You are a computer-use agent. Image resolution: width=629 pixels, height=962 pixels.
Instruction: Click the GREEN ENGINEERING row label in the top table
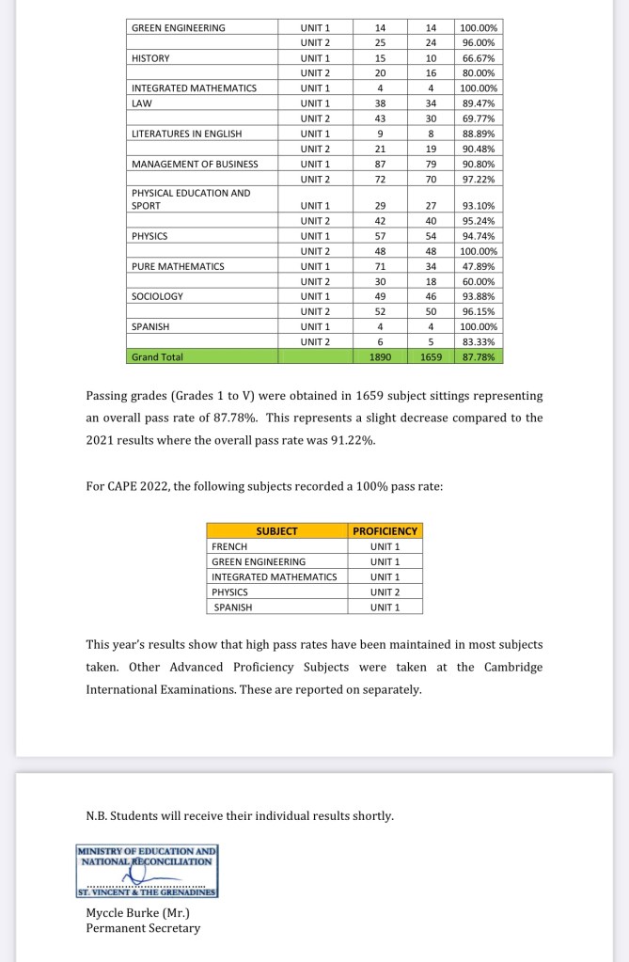(179, 28)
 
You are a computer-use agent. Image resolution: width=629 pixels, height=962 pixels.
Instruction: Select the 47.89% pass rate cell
(480, 266)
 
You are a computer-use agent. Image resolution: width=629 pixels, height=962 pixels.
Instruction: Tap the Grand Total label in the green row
(157, 357)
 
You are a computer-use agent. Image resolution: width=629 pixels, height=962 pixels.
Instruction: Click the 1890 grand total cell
(380, 357)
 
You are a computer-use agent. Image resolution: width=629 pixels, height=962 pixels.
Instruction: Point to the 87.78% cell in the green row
(480, 357)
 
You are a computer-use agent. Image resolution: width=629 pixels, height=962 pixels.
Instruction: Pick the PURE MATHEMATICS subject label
(178, 266)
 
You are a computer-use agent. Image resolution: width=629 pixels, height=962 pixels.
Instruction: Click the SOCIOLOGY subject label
(157, 296)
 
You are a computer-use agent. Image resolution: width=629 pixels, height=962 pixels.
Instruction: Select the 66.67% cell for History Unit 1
(480, 58)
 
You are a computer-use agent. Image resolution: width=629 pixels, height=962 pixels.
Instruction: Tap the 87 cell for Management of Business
(380, 164)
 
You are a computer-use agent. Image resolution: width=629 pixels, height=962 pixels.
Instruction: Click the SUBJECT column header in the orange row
(276, 531)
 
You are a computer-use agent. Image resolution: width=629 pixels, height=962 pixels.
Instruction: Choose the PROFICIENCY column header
(385, 531)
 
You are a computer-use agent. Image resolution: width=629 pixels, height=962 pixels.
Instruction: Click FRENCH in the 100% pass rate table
(230, 546)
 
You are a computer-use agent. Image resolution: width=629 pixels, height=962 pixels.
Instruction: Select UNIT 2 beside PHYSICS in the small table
(385, 592)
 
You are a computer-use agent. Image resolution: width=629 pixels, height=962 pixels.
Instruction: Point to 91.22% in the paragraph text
(348, 439)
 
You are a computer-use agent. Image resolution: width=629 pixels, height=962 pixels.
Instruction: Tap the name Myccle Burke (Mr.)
(137, 913)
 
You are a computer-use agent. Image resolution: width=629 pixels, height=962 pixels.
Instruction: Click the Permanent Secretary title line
(143, 928)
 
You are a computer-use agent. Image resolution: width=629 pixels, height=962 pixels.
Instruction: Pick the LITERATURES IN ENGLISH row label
(186, 134)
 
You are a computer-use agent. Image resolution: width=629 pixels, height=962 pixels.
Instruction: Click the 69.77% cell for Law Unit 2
(480, 118)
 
